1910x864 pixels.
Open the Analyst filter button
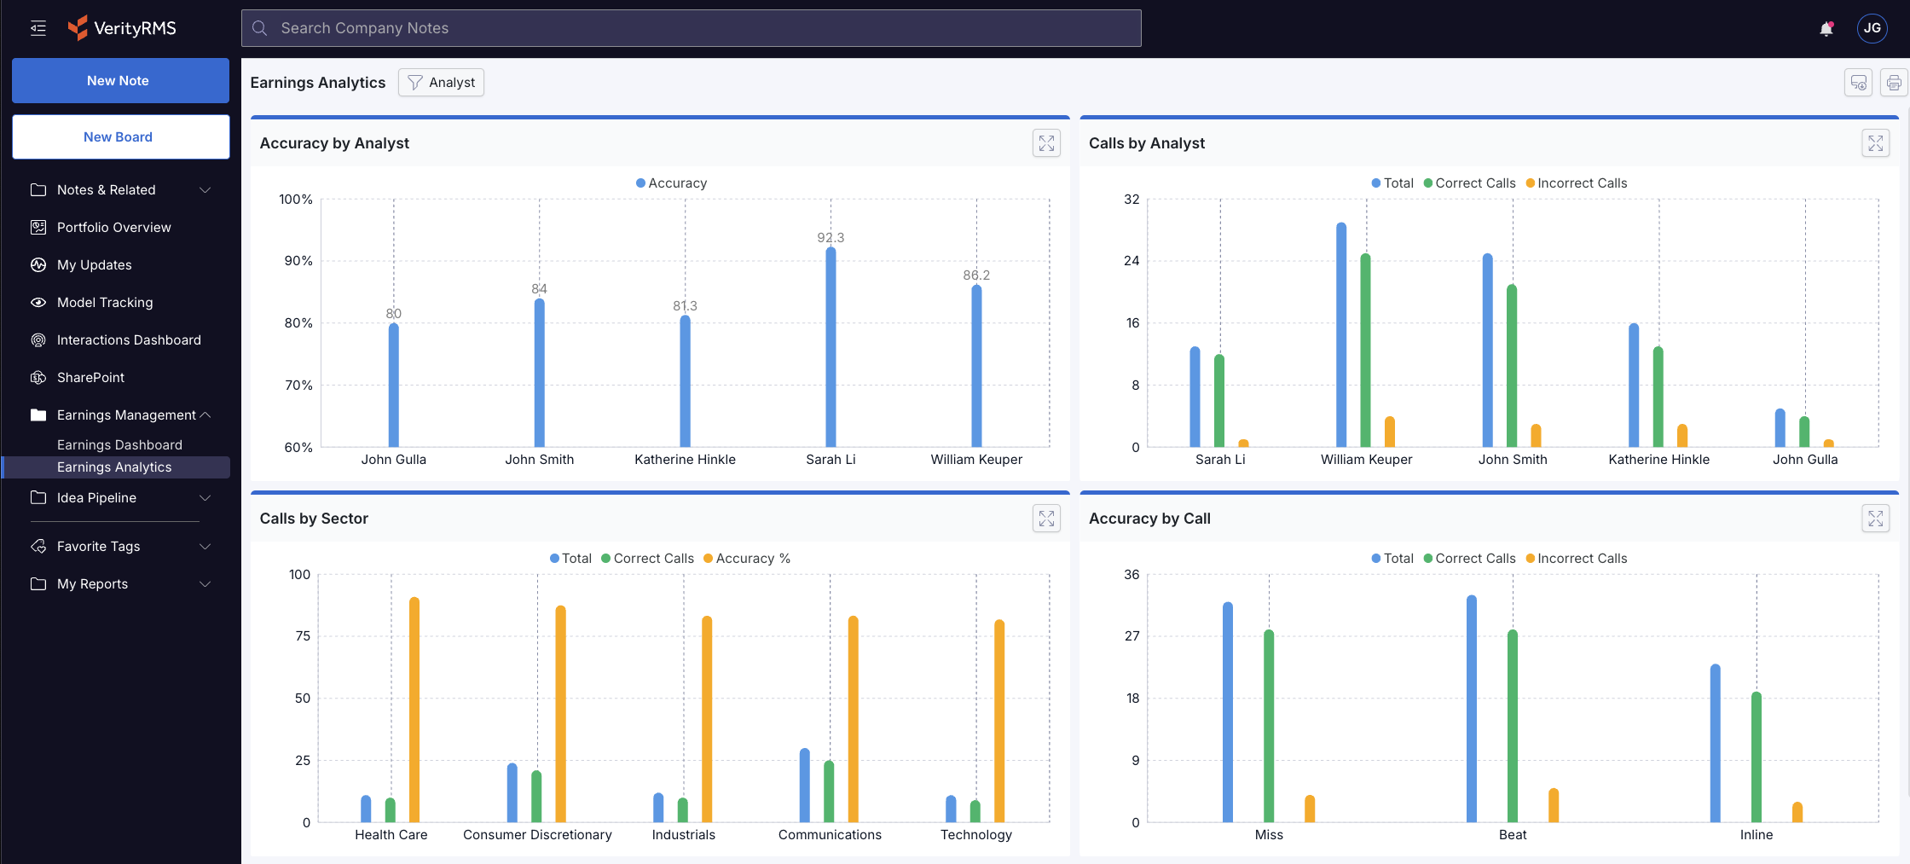point(441,83)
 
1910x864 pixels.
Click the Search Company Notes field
point(691,28)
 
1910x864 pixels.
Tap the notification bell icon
point(1826,29)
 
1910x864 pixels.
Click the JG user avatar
point(1872,28)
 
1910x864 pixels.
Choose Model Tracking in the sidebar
point(105,303)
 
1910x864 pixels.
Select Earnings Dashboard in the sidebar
point(119,445)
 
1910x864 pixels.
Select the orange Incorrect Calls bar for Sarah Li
point(1243,443)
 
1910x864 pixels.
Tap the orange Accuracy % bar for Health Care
point(414,709)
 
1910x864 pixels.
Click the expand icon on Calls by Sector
point(1046,519)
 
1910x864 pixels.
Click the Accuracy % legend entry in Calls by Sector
point(747,559)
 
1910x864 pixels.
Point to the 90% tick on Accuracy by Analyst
point(298,261)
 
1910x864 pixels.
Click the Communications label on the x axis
point(830,835)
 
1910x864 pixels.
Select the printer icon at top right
point(1893,83)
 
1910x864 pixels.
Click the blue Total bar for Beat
point(1472,708)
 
